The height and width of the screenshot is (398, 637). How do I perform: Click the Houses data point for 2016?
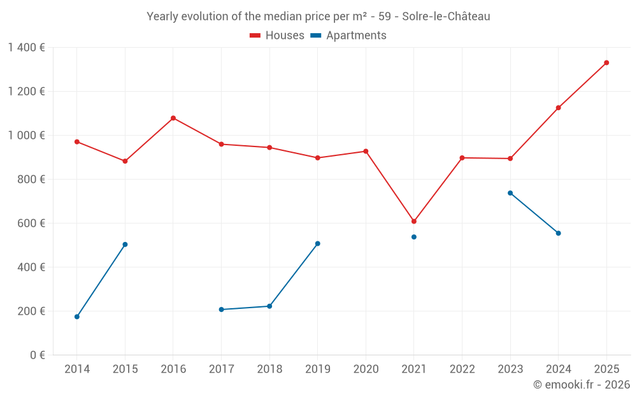tap(173, 118)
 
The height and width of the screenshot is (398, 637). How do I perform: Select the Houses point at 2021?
tap(414, 222)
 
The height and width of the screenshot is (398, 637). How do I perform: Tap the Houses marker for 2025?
tap(606, 62)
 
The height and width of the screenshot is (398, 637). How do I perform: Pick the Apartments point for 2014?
tap(77, 316)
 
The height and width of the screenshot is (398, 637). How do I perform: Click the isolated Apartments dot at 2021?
tap(414, 237)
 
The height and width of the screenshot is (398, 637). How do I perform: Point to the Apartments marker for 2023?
tap(510, 193)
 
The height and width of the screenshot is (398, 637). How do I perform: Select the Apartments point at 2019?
tap(318, 243)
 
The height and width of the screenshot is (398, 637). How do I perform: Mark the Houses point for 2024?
tap(559, 108)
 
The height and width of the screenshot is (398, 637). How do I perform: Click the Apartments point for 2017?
tap(221, 309)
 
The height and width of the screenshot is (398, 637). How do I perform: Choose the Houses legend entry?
tap(277, 36)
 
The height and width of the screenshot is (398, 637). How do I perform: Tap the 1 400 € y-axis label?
tap(26, 47)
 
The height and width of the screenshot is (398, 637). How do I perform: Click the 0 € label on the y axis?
tap(37, 355)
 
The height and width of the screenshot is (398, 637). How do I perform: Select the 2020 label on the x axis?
tap(366, 369)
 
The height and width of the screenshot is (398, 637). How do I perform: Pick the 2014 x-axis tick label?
tap(77, 369)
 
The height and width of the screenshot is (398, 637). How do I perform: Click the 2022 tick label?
tap(462, 369)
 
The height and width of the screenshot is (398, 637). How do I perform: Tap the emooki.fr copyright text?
tap(581, 385)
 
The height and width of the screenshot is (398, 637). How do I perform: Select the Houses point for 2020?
tap(366, 151)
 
